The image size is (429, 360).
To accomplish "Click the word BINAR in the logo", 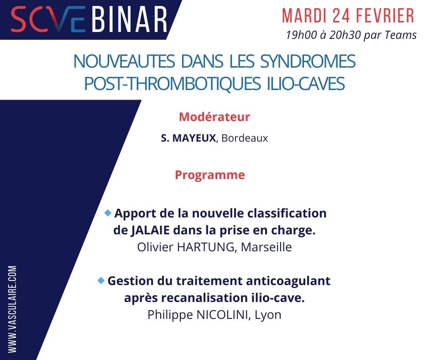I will tap(130, 20).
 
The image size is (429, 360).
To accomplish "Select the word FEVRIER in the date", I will tap(388, 16).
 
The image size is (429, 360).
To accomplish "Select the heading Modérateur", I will tap(214, 117).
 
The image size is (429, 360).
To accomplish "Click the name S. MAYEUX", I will tap(188, 138).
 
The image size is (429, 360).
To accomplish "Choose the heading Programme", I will tap(209, 175).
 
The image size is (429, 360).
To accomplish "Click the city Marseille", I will tap(266, 247).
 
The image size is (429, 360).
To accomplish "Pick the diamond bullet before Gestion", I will tap(101, 280).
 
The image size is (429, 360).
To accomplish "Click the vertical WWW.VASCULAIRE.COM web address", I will tap(12, 309).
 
